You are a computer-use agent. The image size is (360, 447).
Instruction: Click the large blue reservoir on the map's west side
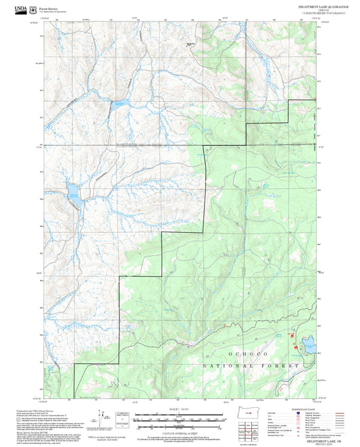(73, 196)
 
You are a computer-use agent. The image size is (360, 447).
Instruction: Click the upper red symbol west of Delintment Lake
(292, 335)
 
